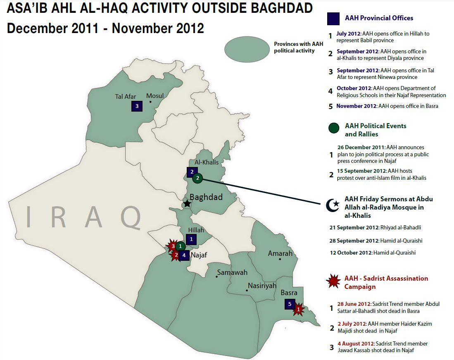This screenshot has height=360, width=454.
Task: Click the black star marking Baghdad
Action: click(x=187, y=203)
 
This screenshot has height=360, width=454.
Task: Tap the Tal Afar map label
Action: click(x=125, y=96)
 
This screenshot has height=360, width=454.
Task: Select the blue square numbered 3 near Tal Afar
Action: click(x=137, y=106)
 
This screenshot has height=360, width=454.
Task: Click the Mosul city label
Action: click(x=155, y=95)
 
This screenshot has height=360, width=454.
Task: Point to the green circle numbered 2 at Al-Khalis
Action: click(x=197, y=178)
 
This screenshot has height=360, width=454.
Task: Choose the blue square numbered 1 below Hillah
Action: click(x=191, y=239)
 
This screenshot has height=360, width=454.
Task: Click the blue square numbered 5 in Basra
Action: click(x=290, y=304)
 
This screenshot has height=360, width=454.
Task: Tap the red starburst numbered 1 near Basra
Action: click(x=299, y=310)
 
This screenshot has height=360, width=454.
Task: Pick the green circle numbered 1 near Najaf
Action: click(x=181, y=246)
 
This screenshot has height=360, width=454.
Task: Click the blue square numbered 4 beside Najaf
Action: click(x=184, y=255)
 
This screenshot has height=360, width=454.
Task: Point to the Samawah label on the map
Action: click(x=232, y=272)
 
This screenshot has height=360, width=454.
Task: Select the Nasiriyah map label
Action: click(x=262, y=286)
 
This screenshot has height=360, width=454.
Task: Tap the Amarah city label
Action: click(x=280, y=253)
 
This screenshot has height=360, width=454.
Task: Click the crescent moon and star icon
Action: click(x=333, y=205)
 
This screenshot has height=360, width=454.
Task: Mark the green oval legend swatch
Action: click(x=247, y=49)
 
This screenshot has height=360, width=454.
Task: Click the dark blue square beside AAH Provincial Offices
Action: click(x=333, y=19)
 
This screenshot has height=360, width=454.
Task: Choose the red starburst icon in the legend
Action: click(x=333, y=281)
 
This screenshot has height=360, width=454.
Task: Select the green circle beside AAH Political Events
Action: click(x=334, y=128)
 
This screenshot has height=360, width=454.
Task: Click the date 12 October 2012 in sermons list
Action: click(x=351, y=253)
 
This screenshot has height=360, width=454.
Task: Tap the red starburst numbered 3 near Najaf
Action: click(x=173, y=246)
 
